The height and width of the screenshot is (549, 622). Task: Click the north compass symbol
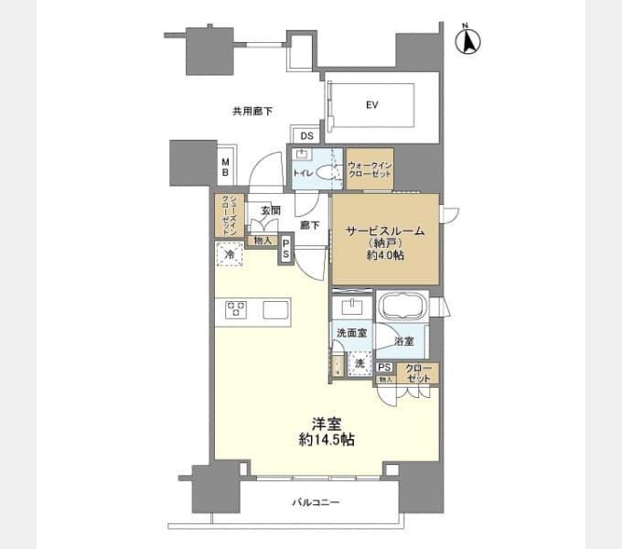pyautogui.click(x=467, y=40)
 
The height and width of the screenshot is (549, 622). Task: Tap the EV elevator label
pyautogui.click(x=371, y=105)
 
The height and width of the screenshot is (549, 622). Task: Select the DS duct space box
pyautogui.click(x=306, y=136)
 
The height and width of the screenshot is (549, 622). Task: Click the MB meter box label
pyautogui.click(x=225, y=167)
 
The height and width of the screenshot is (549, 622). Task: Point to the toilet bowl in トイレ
pyautogui.click(x=327, y=173)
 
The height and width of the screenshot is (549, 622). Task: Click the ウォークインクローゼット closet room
pyautogui.click(x=370, y=169)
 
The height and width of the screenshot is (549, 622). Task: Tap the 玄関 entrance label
pyautogui.click(x=271, y=210)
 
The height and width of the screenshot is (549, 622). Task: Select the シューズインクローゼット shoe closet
pyautogui.click(x=230, y=215)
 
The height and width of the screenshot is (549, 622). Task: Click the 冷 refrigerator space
pyautogui.click(x=230, y=253)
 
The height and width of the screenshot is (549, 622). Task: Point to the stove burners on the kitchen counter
pyautogui.click(x=236, y=309)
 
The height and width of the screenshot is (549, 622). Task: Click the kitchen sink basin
pyautogui.click(x=275, y=310)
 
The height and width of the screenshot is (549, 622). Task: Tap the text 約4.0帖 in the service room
pyautogui.click(x=385, y=255)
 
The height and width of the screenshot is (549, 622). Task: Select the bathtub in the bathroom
pyautogui.click(x=402, y=306)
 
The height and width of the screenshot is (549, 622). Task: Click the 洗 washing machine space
pyautogui.click(x=359, y=363)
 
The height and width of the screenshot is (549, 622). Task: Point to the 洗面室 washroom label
pyautogui.click(x=351, y=333)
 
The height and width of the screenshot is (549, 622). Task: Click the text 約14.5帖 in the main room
pyautogui.click(x=326, y=439)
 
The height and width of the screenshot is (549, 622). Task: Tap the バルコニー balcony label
pyautogui.click(x=316, y=502)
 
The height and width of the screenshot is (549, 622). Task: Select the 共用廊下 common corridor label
pyautogui.click(x=252, y=112)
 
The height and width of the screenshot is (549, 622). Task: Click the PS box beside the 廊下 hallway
pyautogui.click(x=286, y=249)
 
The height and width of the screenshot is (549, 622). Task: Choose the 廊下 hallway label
pyautogui.click(x=310, y=225)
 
